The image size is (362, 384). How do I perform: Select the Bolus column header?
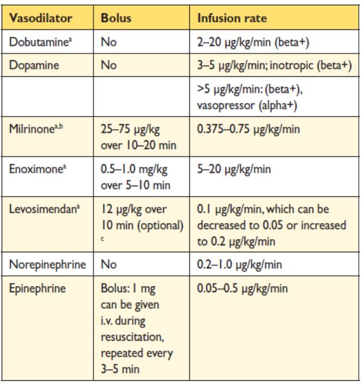[x=116, y=18]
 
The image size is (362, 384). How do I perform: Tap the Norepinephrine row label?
[x=44, y=265]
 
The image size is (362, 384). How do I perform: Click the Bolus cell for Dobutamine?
[x=108, y=42]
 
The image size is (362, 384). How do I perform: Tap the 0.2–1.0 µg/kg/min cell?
[x=239, y=265]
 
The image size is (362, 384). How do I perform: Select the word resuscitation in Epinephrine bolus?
[x=130, y=338]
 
